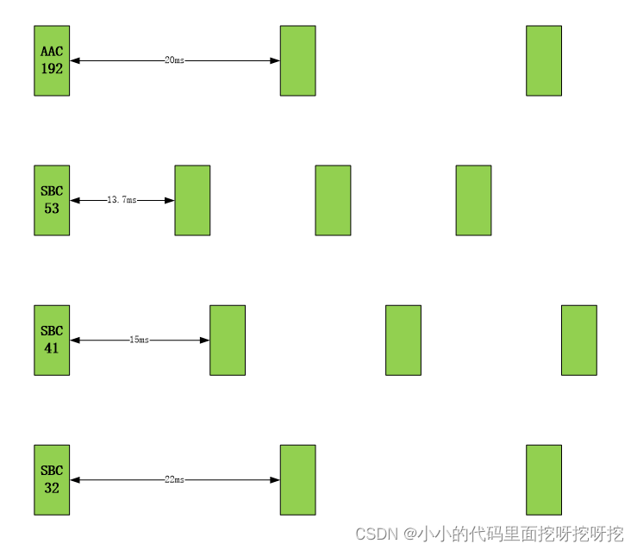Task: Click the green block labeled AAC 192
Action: pos(52,60)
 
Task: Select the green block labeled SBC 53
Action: pos(52,200)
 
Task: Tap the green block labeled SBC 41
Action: pos(52,340)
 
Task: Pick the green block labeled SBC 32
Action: pos(52,479)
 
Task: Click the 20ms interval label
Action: pos(174,60)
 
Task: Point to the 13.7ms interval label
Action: pos(122,200)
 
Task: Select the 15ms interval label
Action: pos(139,340)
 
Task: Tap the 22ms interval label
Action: pos(174,479)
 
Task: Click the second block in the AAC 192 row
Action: pos(297,60)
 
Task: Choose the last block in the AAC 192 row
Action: pos(544,60)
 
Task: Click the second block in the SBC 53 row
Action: pos(192,200)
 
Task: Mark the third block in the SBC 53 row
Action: pos(333,200)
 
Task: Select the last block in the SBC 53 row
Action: pos(473,200)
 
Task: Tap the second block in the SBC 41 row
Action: pos(228,340)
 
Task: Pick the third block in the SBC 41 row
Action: pos(403,340)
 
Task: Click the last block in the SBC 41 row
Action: pos(579,340)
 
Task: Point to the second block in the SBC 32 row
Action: pos(297,479)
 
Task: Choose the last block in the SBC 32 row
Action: pos(544,479)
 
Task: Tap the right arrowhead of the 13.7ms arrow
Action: pos(169,200)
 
